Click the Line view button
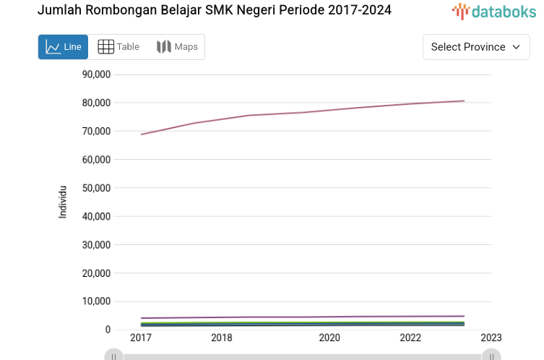click(x=63, y=47)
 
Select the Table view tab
click(x=118, y=47)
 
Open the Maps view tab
click(x=177, y=47)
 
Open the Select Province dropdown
click(x=475, y=47)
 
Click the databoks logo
click(x=494, y=11)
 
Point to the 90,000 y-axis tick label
click(x=96, y=74)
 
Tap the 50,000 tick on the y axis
click(x=96, y=188)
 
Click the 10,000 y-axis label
click(x=96, y=301)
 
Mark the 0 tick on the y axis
click(x=107, y=330)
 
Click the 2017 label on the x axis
click(x=140, y=338)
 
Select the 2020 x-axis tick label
click(x=329, y=338)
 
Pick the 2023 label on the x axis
click(x=491, y=338)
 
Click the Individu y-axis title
click(x=63, y=202)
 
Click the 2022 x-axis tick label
click(x=410, y=338)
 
